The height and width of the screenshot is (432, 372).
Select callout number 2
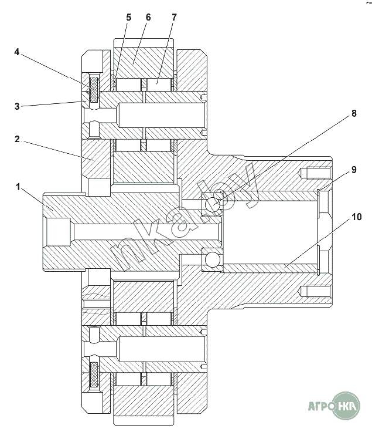(18, 139)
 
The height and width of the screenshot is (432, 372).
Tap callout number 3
(18, 106)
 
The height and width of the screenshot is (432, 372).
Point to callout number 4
(18, 52)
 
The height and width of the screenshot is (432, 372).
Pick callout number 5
(129, 18)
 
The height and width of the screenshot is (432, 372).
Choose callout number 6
(148, 18)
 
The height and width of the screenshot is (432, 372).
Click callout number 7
(173, 18)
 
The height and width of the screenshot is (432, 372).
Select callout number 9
(354, 170)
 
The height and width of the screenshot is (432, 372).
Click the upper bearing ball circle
(213, 204)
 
